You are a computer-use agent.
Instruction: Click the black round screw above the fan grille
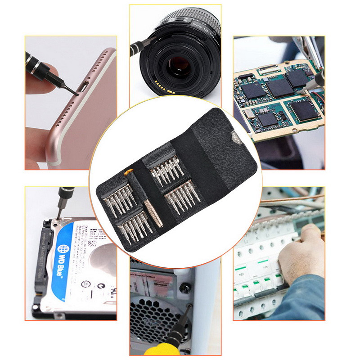click(184, 288)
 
